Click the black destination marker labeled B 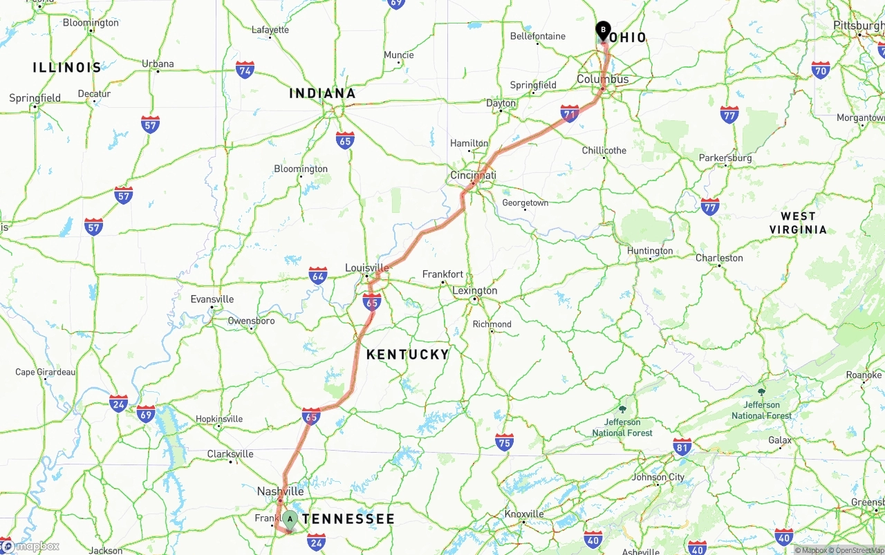coord(603,30)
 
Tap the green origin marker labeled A coord(290,519)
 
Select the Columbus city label coord(603,79)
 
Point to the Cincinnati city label coord(473,176)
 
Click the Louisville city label coord(366,268)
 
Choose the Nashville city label coord(280,491)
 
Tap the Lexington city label coord(474,290)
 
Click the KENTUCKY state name coord(407,355)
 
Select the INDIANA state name coord(322,93)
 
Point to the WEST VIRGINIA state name coord(798,223)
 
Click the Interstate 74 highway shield coord(245,70)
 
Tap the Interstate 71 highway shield coord(570,114)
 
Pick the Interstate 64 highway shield coord(318,276)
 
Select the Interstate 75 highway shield coord(505,442)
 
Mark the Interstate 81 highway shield coord(682,446)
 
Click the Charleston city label coord(719,258)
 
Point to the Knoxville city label coord(523,514)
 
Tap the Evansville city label coord(212,299)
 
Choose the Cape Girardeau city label coord(46,372)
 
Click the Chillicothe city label coord(604,150)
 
